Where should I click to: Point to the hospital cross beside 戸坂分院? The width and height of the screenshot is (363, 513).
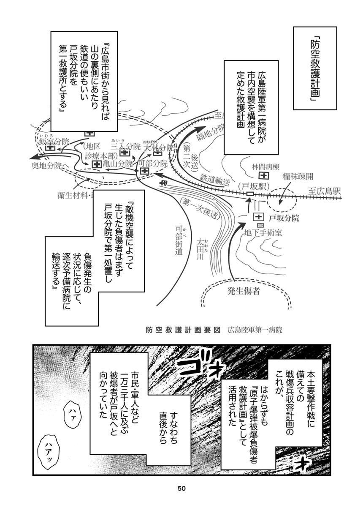257,216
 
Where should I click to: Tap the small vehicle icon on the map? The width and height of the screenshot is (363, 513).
164,183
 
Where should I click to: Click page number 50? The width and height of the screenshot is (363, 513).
181,488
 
